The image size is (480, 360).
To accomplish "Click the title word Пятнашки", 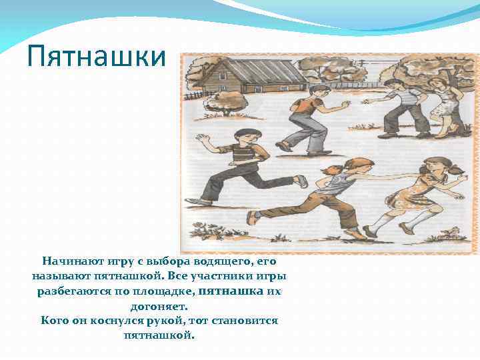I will pos(97,57).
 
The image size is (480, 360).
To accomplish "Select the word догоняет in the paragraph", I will pos(159,307).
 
